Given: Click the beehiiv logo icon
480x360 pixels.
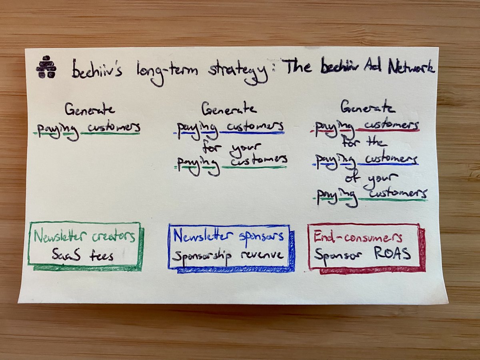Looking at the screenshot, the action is click(x=46, y=67).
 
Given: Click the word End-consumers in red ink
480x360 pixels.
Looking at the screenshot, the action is click(x=358, y=238).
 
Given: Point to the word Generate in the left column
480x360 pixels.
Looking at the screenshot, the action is click(x=90, y=109).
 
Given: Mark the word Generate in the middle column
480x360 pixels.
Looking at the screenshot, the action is click(x=229, y=108).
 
